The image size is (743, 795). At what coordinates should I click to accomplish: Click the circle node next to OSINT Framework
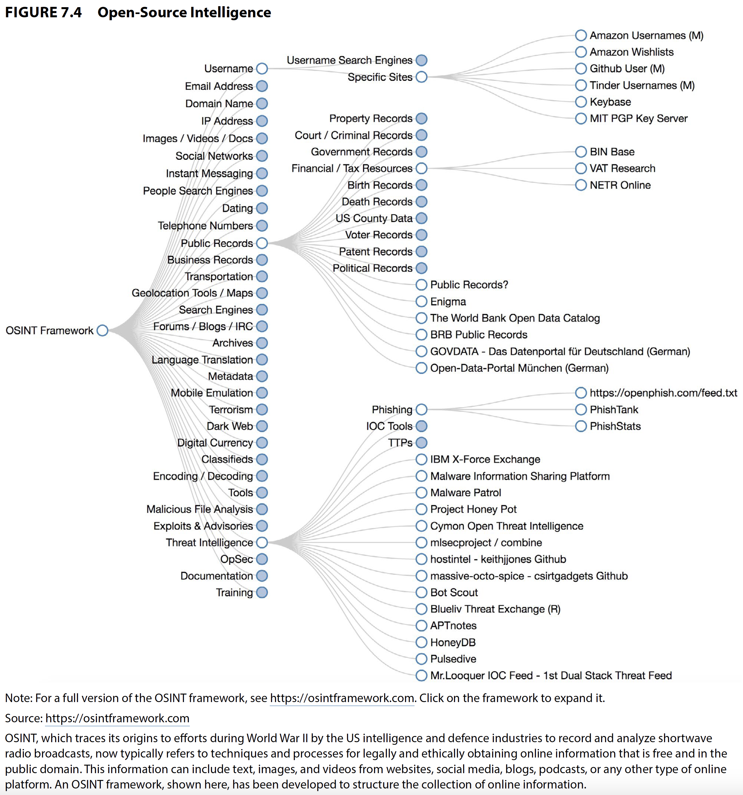pyautogui.click(x=102, y=330)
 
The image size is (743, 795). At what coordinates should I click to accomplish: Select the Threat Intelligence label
pyautogui.click(x=209, y=543)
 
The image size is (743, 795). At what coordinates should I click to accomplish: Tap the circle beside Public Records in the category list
pyautogui.click(x=262, y=243)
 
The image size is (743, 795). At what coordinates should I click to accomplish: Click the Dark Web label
pyautogui.click(x=230, y=426)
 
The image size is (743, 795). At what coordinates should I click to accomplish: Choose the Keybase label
pyautogui.click(x=610, y=102)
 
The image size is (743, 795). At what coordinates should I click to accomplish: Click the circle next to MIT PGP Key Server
pyautogui.click(x=581, y=118)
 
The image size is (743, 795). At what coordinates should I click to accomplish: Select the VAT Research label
pyautogui.click(x=622, y=168)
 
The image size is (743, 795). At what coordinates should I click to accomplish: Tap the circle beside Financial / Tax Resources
pyautogui.click(x=421, y=168)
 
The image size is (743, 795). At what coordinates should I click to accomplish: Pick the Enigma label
pyautogui.click(x=448, y=302)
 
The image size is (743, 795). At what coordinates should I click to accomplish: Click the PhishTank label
pyautogui.click(x=614, y=410)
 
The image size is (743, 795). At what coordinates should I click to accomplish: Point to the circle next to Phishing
pyautogui.click(x=421, y=410)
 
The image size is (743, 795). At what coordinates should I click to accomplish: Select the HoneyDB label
pyautogui.click(x=453, y=642)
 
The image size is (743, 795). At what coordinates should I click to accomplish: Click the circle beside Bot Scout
pyautogui.click(x=421, y=592)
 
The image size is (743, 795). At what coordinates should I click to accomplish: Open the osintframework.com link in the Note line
pyautogui.click(x=342, y=698)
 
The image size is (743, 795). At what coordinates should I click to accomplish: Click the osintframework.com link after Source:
pyautogui.click(x=117, y=718)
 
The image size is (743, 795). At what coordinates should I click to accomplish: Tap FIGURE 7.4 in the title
pyautogui.click(x=43, y=12)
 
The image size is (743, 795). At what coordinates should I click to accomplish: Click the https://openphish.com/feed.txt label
pyautogui.click(x=663, y=393)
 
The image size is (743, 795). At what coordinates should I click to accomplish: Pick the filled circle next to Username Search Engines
pyautogui.click(x=421, y=60)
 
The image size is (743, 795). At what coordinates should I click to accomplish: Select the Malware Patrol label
pyautogui.click(x=465, y=493)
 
